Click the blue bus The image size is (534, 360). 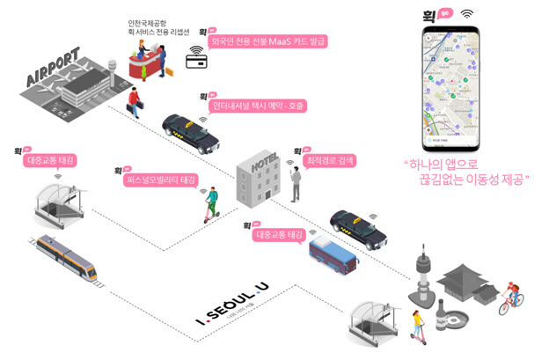tap(332, 255)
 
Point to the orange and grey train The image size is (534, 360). tap(71, 259)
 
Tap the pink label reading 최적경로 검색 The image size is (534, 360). tap(332, 160)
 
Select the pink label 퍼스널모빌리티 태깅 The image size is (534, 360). tap(162, 180)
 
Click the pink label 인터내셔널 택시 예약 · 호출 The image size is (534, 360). tap(259, 107)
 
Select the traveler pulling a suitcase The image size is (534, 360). tap(135, 105)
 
